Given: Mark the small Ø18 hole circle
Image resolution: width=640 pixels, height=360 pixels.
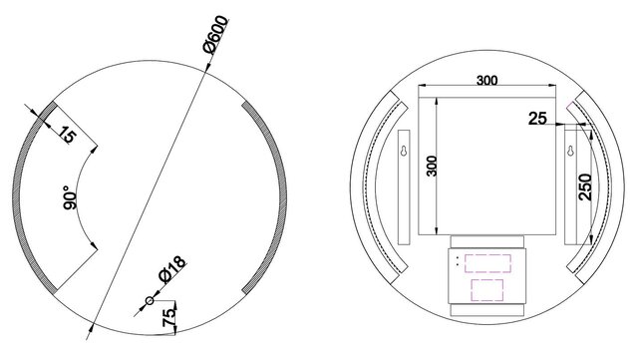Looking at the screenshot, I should pos(149,300).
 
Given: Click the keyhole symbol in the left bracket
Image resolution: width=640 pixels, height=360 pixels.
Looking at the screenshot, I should pos(404,154).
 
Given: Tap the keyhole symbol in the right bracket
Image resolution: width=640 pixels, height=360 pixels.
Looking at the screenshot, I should pos(570,154).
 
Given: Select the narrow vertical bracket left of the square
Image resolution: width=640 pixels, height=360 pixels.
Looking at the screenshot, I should pos(404,186).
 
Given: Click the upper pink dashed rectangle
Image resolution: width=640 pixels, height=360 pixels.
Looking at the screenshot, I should pos(486,265).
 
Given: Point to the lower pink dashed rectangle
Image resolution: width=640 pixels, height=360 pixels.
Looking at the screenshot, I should pos(486,291).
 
